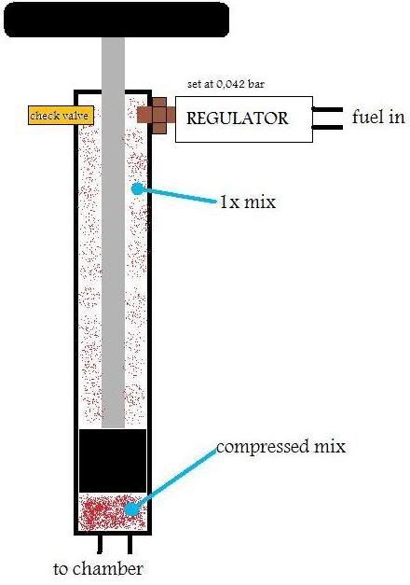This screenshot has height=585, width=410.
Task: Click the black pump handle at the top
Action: (x=116, y=19)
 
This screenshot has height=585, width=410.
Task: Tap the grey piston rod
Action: (x=113, y=232)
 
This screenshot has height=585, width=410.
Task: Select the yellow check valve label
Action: (x=61, y=116)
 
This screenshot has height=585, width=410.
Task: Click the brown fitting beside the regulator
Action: (x=157, y=116)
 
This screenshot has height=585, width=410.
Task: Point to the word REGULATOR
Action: (x=237, y=118)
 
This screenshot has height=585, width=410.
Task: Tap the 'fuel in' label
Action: (x=378, y=117)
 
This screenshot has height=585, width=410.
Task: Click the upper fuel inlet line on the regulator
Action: (x=327, y=109)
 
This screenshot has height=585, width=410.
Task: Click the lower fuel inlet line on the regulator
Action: (x=327, y=128)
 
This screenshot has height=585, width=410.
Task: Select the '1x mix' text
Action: (x=248, y=202)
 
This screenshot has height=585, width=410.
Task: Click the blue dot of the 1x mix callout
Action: (x=137, y=188)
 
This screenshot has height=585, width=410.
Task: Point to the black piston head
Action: (x=113, y=461)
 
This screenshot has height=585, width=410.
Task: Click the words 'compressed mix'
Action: (x=280, y=447)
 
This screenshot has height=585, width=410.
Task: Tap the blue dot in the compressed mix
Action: (x=130, y=509)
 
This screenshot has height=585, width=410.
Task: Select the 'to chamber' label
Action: (x=98, y=568)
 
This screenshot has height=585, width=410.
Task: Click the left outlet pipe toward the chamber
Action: (x=100, y=544)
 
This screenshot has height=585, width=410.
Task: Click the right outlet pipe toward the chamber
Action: (x=130, y=545)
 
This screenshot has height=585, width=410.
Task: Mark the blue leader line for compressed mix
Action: (x=173, y=480)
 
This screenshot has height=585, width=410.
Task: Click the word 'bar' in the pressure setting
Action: (x=255, y=84)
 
